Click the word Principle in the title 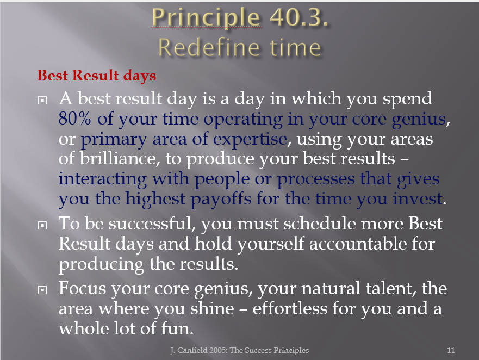coord(206,18)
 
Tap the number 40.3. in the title coord(299,17)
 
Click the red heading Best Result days coord(97,76)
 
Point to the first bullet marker coord(42,100)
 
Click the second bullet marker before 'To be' coord(42,226)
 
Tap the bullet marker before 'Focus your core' coord(42,290)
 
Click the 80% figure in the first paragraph coord(75,119)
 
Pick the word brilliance coord(120,158)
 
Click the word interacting coord(103,179)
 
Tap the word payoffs coord(221,200)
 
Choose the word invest coord(418,198)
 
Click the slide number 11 coord(451,350)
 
